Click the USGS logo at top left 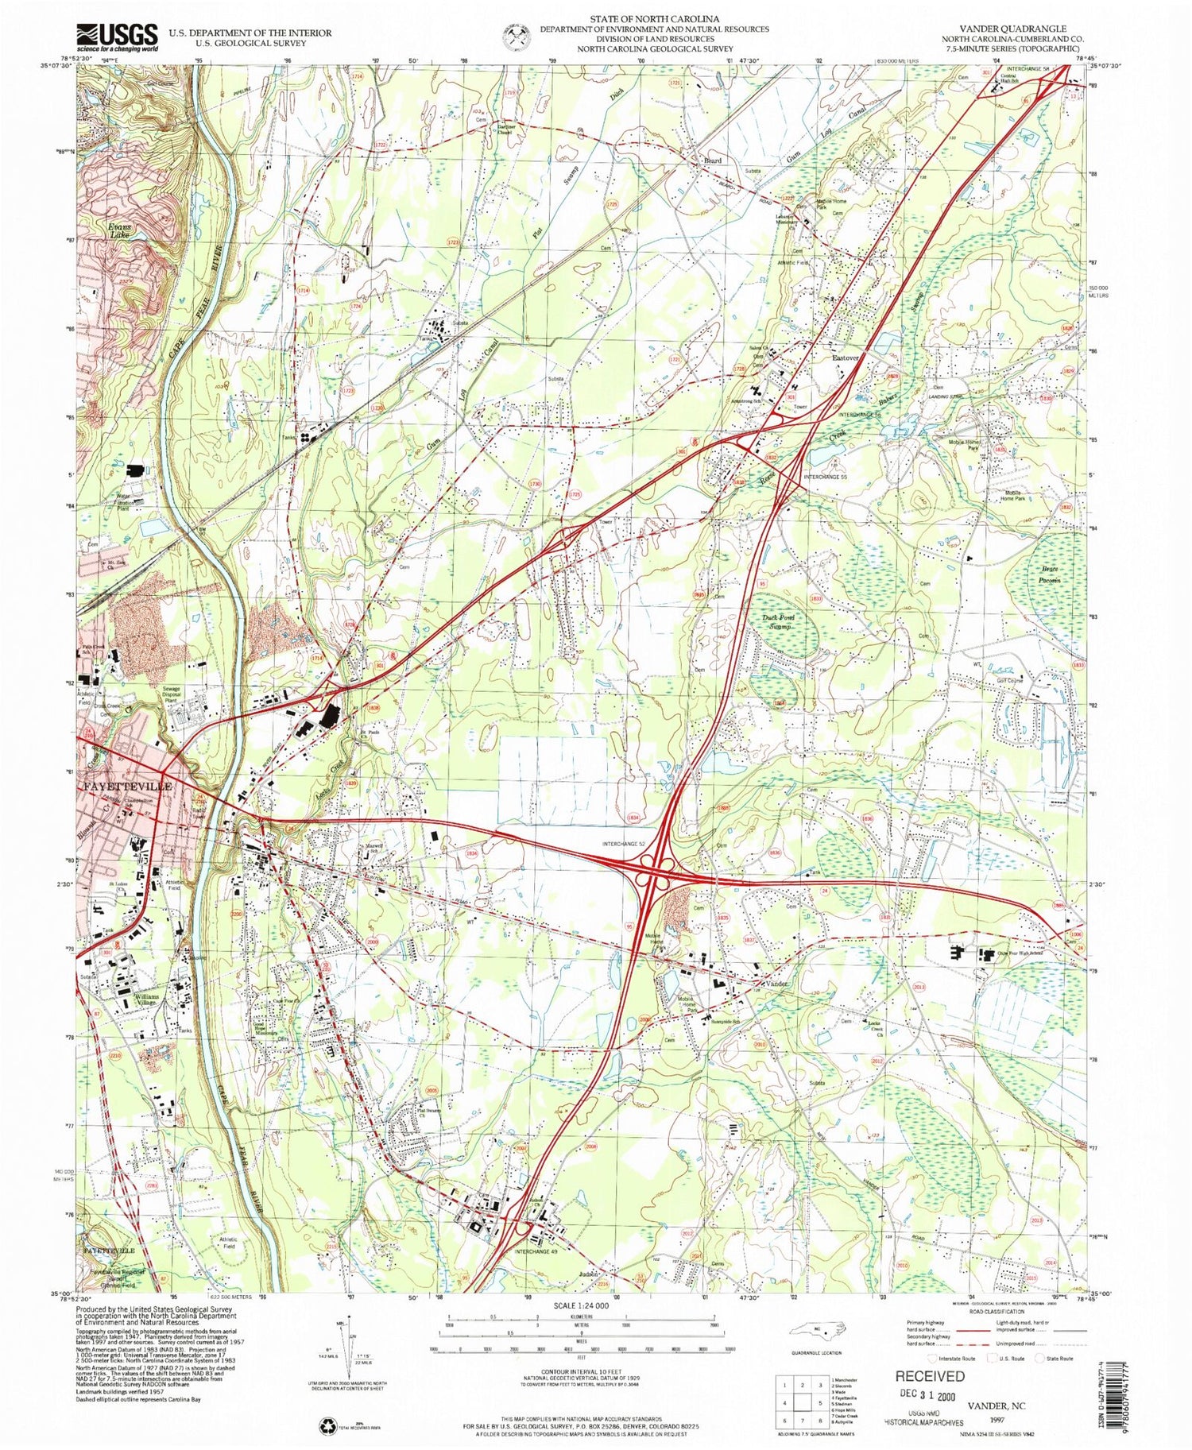(117, 37)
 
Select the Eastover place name (846, 358)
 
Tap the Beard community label (712, 160)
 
